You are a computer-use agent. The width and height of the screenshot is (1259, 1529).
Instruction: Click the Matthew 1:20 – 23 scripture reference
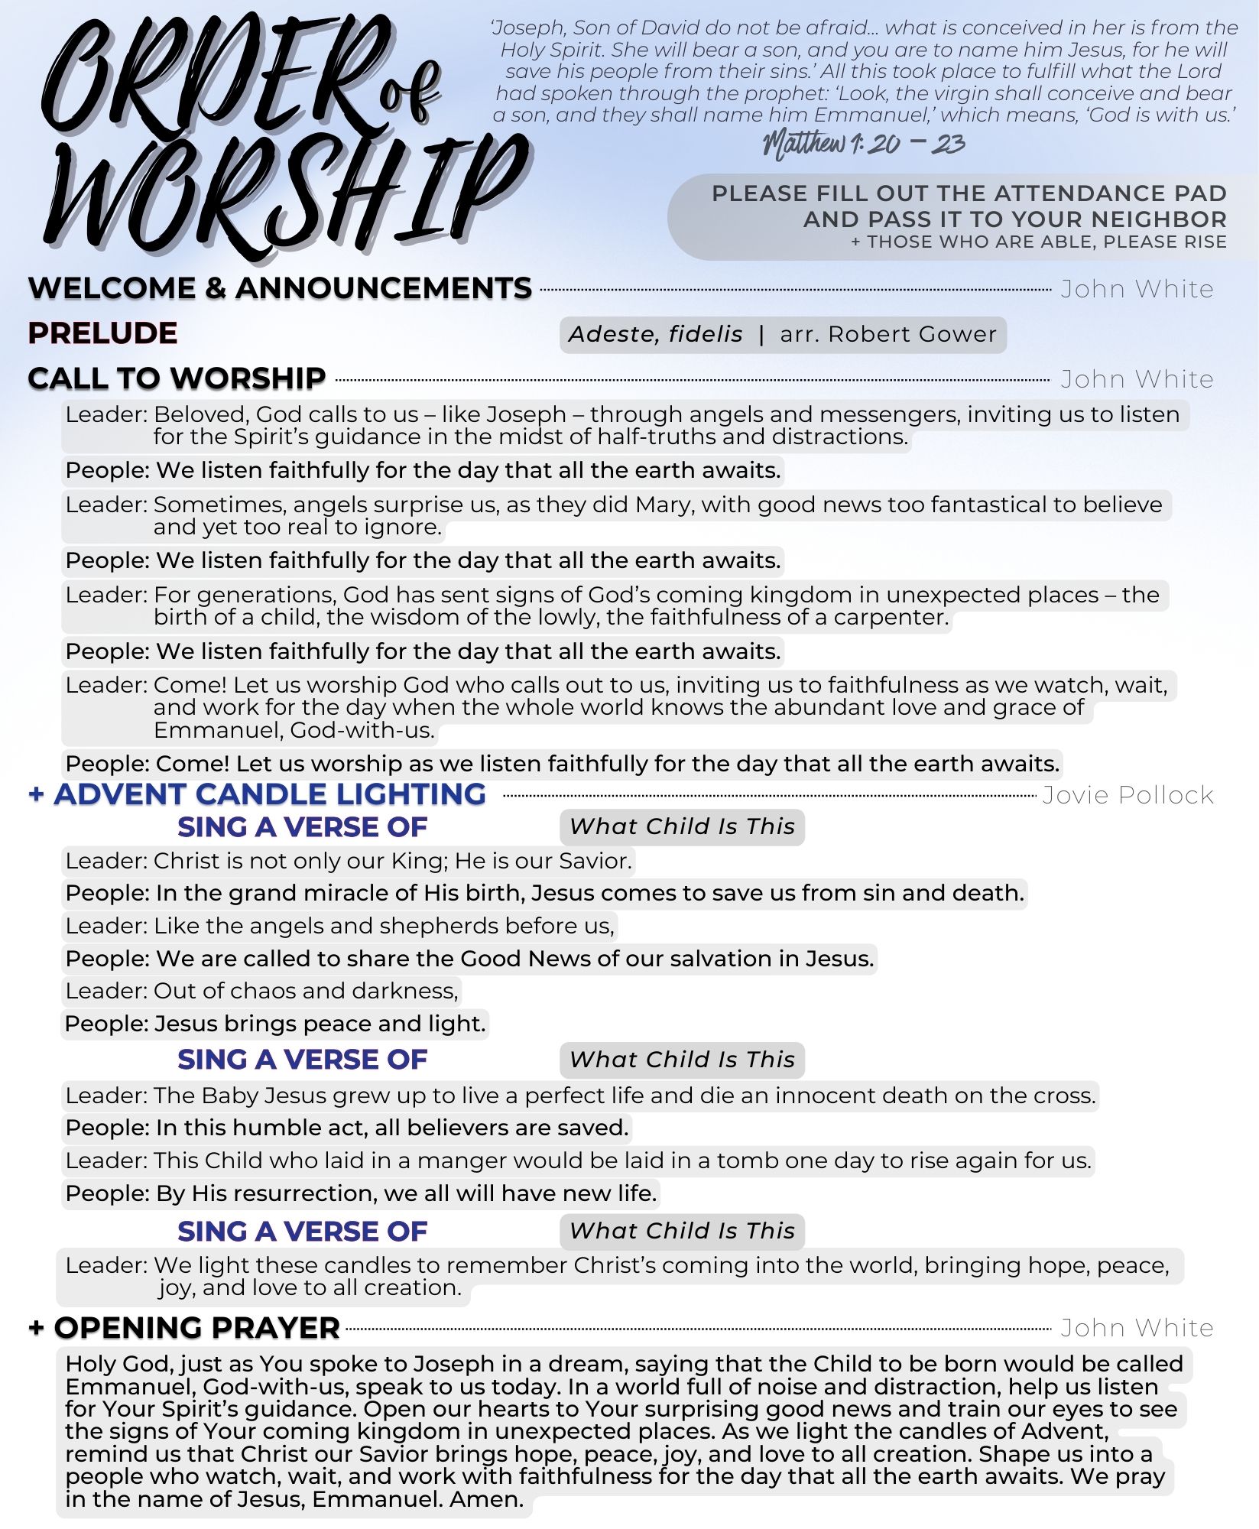[864, 143]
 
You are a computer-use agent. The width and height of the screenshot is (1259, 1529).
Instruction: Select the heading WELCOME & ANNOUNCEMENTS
[280, 289]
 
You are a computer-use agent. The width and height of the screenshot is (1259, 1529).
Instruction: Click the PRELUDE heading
[102, 333]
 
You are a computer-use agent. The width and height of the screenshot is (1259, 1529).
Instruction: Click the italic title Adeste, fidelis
[655, 334]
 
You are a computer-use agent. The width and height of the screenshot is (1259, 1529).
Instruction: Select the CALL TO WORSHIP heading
[177, 378]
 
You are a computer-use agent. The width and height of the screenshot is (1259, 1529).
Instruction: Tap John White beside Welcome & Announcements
[1137, 289]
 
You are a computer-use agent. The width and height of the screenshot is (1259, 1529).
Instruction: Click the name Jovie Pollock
[1128, 795]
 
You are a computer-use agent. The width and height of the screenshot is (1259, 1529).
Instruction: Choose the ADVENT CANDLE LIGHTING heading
[270, 794]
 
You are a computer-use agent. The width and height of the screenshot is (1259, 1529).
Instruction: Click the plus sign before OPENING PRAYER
[35, 1328]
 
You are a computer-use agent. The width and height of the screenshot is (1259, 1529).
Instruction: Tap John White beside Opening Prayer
[1137, 1328]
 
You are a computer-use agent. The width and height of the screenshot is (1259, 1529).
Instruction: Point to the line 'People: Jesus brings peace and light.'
[275, 1024]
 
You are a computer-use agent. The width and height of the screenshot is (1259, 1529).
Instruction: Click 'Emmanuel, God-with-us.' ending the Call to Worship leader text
[294, 730]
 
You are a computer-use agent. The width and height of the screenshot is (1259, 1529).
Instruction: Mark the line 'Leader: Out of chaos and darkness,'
[261, 991]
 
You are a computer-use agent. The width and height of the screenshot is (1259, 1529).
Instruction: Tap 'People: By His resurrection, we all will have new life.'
[361, 1193]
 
